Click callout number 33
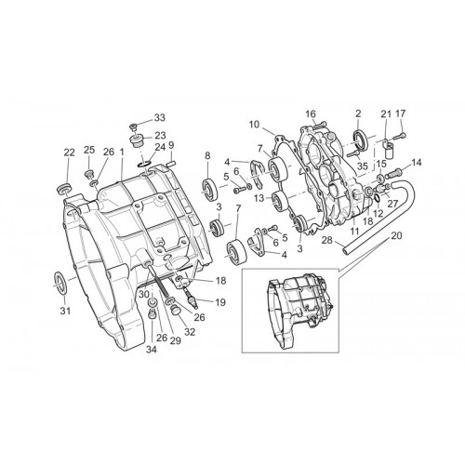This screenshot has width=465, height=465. pyautogui.click(x=160, y=117)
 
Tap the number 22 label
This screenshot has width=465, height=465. pyautogui.click(x=70, y=153)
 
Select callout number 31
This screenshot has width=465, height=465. pyautogui.click(x=65, y=311)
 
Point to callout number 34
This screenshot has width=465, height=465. pyautogui.click(x=152, y=350)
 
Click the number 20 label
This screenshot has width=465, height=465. pyautogui.click(x=396, y=235)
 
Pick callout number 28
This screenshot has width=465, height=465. pyautogui.click(x=326, y=240)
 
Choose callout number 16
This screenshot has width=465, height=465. pyautogui.click(x=311, y=113)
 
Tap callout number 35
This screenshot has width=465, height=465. pyautogui.click(x=362, y=166)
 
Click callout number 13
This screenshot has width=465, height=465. pyautogui.click(x=259, y=197)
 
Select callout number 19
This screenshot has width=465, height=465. pyautogui.click(x=220, y=302)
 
